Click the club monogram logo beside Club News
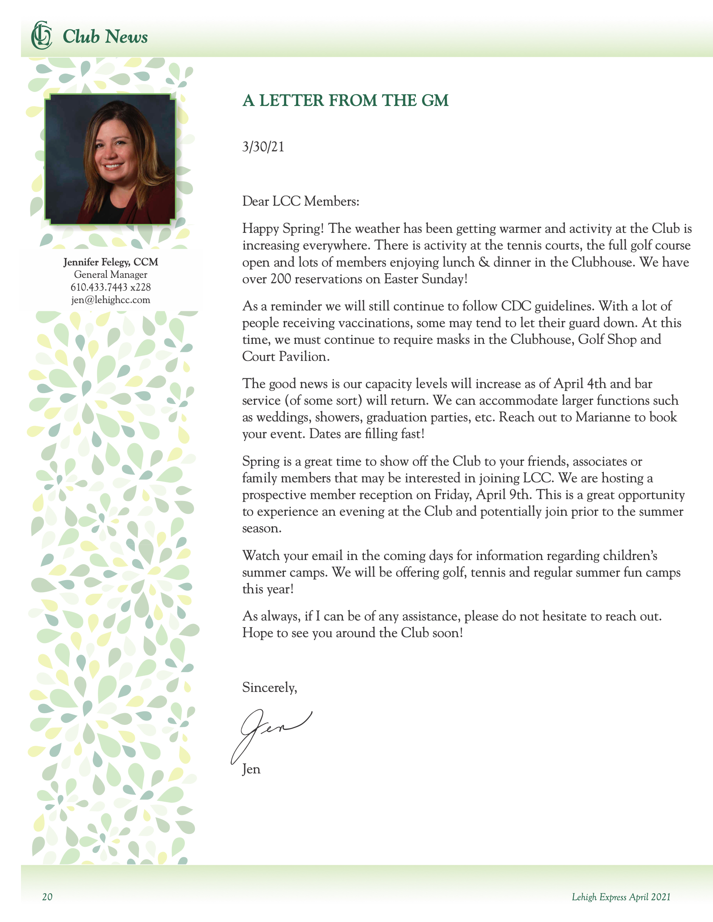pos(42,35)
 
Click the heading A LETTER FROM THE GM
pos(345,101)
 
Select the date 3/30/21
pos(263,147)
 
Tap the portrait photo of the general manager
pos(110,159)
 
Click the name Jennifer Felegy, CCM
pos(111,262)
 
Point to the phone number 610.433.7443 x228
pos(111,288)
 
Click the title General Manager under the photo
pos(111,275)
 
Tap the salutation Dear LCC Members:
pos(300,201)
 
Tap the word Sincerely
pos(269,688)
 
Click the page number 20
pos(47,897)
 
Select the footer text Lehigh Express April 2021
pos(621,897)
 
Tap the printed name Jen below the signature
pos(251,769)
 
